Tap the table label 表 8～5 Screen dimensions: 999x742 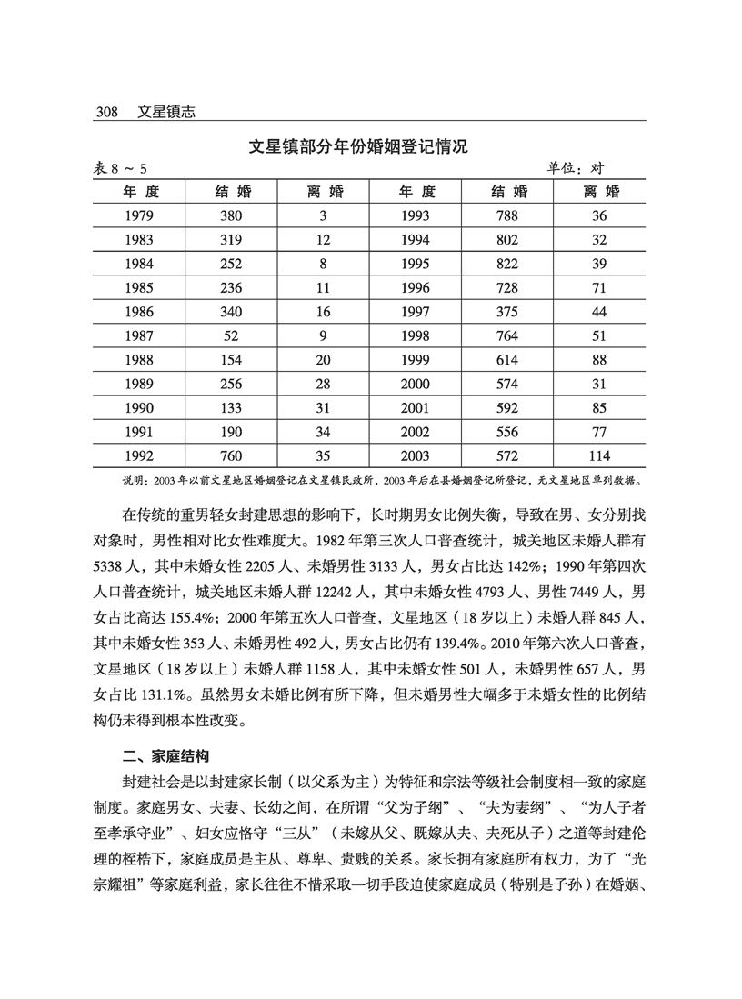[x=122, y=169]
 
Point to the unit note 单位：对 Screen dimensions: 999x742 [x=576, y=168]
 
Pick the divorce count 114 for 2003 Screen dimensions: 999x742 [x=598, y=455]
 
